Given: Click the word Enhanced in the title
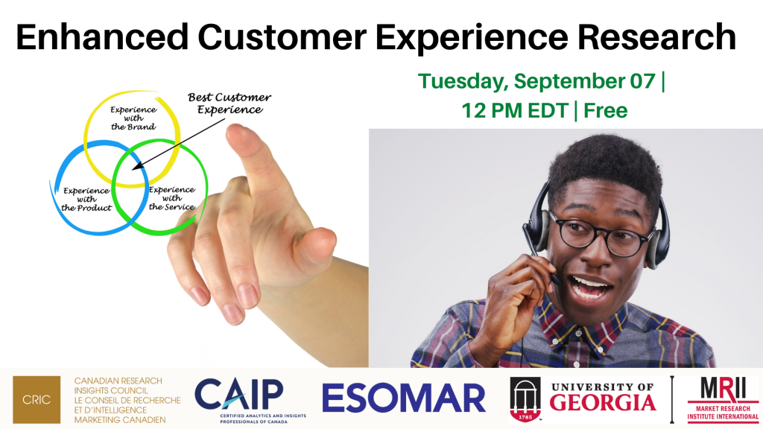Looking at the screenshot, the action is click(x=102, y=37).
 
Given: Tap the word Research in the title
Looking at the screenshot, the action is click(x=657, y=37).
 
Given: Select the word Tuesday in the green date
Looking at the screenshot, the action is click(x=461, y=82).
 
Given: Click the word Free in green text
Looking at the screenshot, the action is click(x=605, y=110).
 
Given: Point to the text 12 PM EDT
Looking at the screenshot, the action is click(x=515, y=110).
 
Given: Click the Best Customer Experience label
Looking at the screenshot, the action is click(x=229, y=104).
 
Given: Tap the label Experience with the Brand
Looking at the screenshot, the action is click(x=133, y=118).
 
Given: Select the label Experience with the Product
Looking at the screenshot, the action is click(x=86, y=200).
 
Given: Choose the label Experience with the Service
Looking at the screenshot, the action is click(x=172, y=198).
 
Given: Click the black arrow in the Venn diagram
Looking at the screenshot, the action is click(x=179, y=144).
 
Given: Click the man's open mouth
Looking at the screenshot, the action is click(x=590, y=287).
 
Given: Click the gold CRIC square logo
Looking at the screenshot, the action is click(x=37, y=399).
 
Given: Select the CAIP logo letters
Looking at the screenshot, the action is click(x=239, y=395).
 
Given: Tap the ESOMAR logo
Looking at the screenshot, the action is click(x=404, y=398).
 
